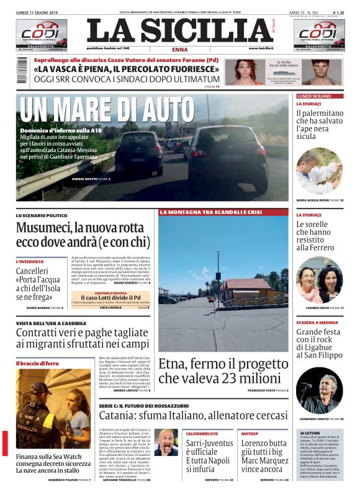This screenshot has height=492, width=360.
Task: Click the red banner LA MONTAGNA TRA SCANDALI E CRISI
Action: pos(211,213)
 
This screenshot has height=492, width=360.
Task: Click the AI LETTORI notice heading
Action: pos(311,432)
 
